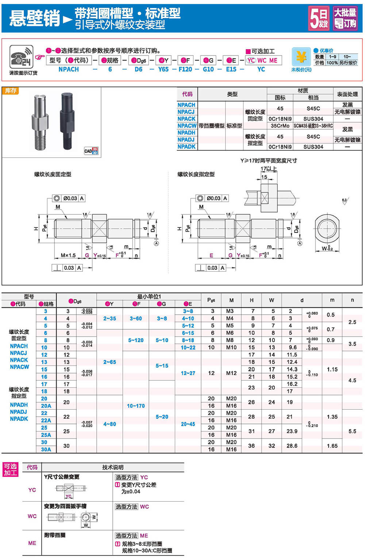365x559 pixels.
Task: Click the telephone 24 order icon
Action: click(x=21, y=57)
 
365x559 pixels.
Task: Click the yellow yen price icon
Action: click(x=301, y=57)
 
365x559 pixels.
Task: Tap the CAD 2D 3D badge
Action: click(x=91, y=150)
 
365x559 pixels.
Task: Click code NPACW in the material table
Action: click(x=187, y=126)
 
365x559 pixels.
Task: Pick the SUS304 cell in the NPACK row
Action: click(x=313, y=119)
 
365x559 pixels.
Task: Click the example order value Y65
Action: click(x=163, y=69)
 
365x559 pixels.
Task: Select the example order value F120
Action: click(x=185, y=69)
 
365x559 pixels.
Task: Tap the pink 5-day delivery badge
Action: click(x=319, y=18)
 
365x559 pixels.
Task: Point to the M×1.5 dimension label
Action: click(x=68, y=255)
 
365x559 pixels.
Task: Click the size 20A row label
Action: click(x=46, y=406)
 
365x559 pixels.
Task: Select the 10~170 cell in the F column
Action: click(x=136, y=406)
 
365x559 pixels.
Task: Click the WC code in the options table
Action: click(x=32, y=516)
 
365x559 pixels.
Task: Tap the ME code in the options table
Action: click(x=32, y=543)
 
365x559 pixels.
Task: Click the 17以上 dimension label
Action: click(x=269, y=169)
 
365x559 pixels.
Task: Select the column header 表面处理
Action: click(x=347, y=94)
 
